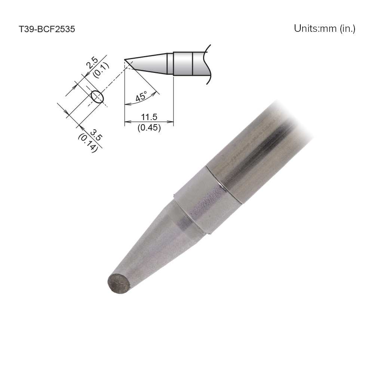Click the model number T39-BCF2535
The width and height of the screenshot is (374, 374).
(47, 29)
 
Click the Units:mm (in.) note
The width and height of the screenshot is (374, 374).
(324, 28)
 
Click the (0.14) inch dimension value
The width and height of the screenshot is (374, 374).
(88, 142)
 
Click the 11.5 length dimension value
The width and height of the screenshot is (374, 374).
(149, 117)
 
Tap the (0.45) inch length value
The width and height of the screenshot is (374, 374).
(149, 128)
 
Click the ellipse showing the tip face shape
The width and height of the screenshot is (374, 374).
(97, 96)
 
